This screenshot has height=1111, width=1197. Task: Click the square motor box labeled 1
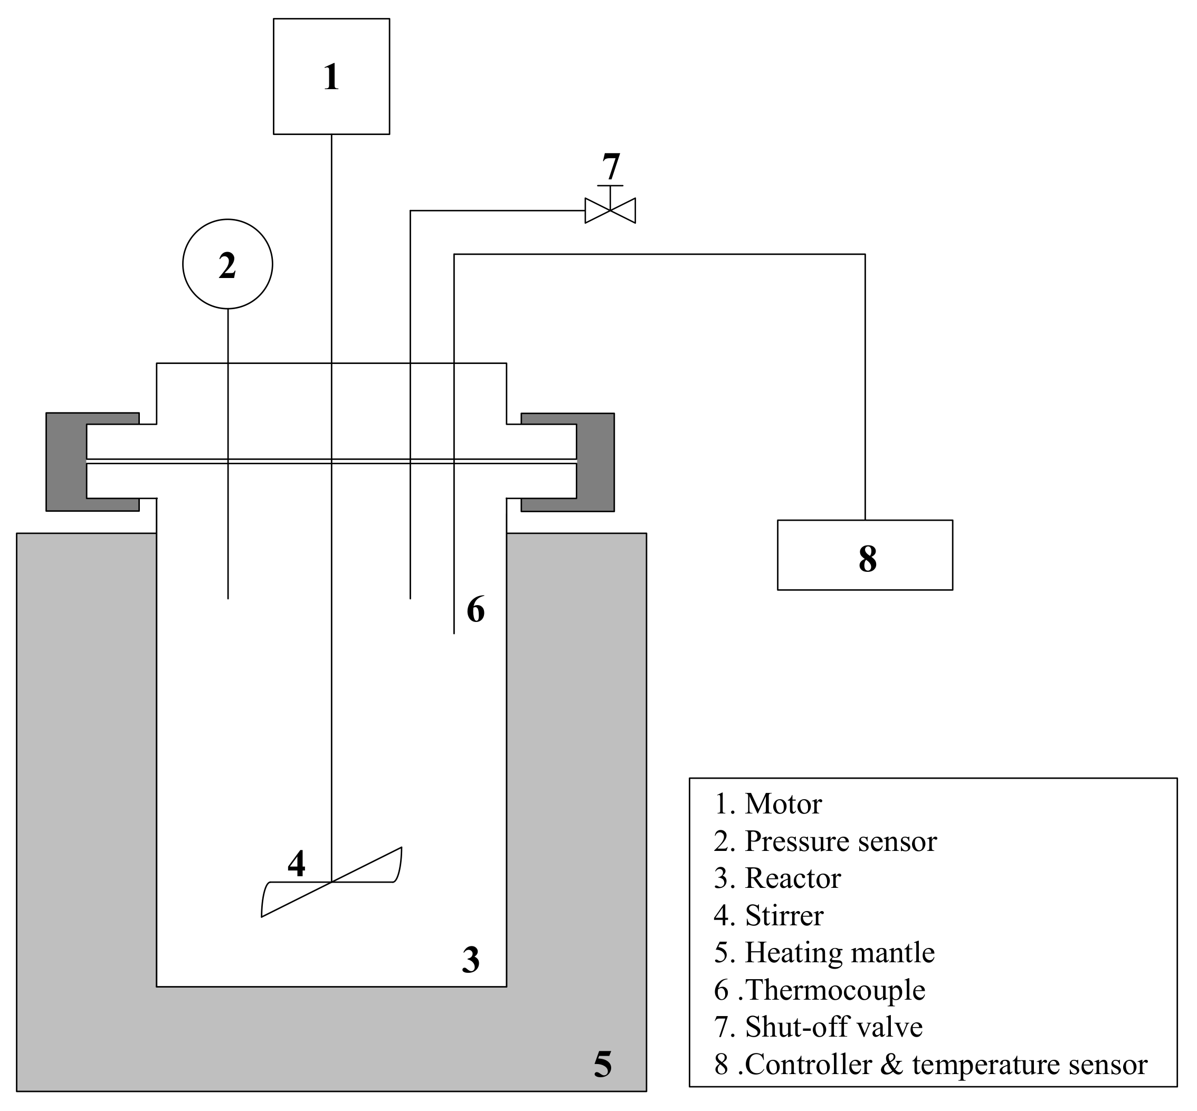[x=331, y=76]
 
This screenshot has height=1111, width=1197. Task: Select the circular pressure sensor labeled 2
[x=227, y=264]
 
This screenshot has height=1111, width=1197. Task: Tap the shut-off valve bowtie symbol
[x=610, y=210]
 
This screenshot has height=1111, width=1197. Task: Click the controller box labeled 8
[x=864, y=555]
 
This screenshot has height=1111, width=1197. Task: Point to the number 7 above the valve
[x=611, y=167]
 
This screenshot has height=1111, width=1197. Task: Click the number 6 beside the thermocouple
[x=475, y=610]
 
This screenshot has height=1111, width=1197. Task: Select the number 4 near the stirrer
[x=296, y=864]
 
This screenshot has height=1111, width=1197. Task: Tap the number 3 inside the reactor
[x=470, y=960]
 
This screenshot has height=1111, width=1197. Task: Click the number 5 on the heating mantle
[x=602, y=1064]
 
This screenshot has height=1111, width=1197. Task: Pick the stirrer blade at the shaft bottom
[x=331, y=882]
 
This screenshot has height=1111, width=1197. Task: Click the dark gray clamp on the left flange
[x=66, y=462]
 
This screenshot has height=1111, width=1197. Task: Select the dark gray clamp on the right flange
[x=595, y=462]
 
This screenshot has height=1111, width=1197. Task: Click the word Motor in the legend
[x=783, y=804]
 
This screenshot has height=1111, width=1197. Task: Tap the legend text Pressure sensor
[x=840, y=841]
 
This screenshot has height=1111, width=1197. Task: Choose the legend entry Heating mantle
[x=840, y=953]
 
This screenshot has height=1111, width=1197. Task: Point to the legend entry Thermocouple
[x=835, y=990]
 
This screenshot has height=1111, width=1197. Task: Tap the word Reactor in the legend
[x=793, y=879]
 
